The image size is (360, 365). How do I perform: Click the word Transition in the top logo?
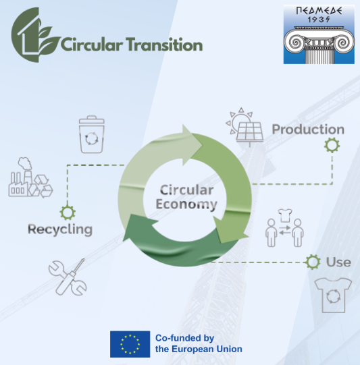[x=165, y=45]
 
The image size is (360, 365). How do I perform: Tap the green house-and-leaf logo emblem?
[x=35, y=35]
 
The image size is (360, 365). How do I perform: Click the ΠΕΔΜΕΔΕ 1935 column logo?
[x=319, y=34]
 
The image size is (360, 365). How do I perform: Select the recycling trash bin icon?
[x=92, y=134]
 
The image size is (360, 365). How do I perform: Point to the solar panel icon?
[x=245, y=128]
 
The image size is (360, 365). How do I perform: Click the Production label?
[x=308, y=129]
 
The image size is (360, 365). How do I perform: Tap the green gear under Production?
[x=332, y=145]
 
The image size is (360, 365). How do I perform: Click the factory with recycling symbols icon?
[x=30, y=177]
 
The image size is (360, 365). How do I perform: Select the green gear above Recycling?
[x=68, y=213]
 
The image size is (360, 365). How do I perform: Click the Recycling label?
[x=60, y=229]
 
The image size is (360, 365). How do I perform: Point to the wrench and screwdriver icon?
[x=68, y=277]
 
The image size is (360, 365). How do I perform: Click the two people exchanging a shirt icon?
[x=284, y=228]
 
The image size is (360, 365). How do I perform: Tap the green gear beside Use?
[x=313, y=262]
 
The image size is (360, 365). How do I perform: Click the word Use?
[x=338, y=262]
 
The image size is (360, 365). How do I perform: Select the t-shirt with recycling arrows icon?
[x=333, y=295]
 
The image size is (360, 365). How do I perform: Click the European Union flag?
[x=130, y=344]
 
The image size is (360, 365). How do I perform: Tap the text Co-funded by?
[x=184, y=338]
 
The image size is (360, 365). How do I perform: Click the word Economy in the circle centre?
[x=186, y=204]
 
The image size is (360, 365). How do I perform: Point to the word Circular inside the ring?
[x=186, y=190]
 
